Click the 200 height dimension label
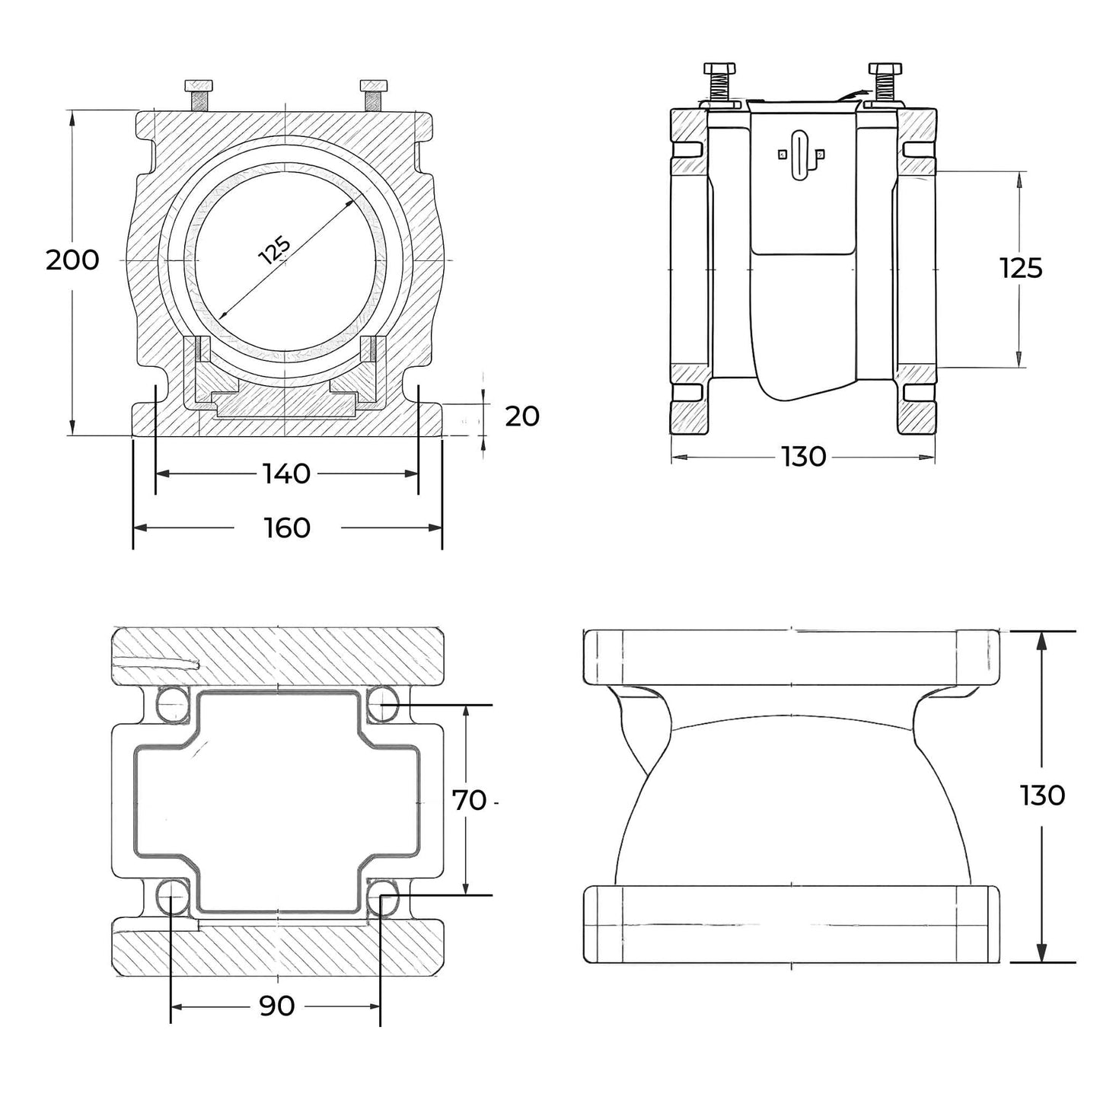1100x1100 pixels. click(x=72, y=260)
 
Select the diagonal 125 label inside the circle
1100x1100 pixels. click(x=275, y=250)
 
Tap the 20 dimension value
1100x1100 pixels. click(x=522, y=416)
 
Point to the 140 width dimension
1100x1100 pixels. click(x=287, y=474)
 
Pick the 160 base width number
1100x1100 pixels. click(x=287, y=528)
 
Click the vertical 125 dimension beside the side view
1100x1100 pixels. click(x=1021, y=268)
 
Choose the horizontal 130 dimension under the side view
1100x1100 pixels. click(x=804, y=457)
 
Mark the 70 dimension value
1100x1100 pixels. click(x=470, y=800)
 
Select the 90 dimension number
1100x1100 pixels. click(x=277, y=1006)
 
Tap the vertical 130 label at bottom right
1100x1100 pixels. click(x=1042, y=796)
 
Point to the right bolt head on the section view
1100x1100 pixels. click(x=373, y=85)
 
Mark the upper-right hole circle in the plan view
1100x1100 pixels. click(x=381, y=703)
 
